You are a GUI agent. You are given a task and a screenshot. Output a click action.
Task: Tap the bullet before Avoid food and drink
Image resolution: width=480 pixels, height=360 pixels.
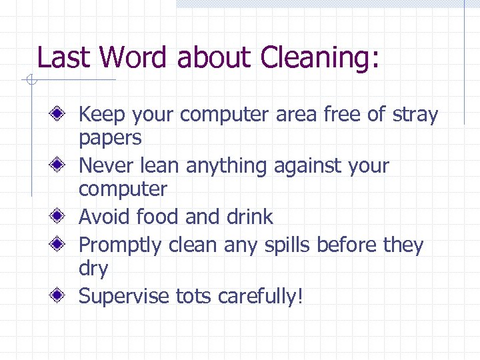coord(60,216)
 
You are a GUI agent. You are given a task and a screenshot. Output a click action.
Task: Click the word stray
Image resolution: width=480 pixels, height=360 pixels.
coord(414,115)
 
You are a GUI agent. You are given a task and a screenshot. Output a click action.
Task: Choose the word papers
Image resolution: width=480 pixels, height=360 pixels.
coord(110,139)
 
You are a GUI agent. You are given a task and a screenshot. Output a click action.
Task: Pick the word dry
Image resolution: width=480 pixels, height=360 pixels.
coord(93,269)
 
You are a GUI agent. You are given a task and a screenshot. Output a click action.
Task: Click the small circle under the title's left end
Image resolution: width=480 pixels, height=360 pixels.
coord(30,81)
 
